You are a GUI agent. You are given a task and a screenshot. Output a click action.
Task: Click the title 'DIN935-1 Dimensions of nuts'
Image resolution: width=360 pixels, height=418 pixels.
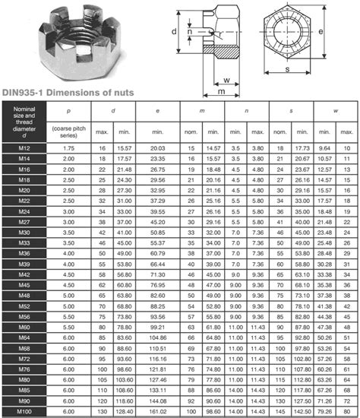coord(68,92)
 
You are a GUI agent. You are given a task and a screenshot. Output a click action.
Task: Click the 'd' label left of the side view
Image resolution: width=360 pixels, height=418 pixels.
coord(173,31)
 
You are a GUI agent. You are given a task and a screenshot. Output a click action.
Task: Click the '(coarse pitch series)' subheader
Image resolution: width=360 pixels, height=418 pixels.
coord(68,133)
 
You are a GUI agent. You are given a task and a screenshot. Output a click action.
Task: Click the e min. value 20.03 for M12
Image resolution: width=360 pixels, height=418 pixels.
coord(158,147)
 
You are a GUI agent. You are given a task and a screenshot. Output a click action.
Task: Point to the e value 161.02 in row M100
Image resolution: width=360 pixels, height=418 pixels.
coord(158,411)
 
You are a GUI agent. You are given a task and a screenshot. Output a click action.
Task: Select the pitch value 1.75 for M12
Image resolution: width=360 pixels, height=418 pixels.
coord(68,147)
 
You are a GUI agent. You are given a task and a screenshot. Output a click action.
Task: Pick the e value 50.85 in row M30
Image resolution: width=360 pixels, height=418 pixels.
coord(158,231)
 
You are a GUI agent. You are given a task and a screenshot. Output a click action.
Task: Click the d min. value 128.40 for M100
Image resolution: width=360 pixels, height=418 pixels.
coord(125,411)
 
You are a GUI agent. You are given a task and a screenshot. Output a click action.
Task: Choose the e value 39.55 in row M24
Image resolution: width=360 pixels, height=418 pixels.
coord(158,211)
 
